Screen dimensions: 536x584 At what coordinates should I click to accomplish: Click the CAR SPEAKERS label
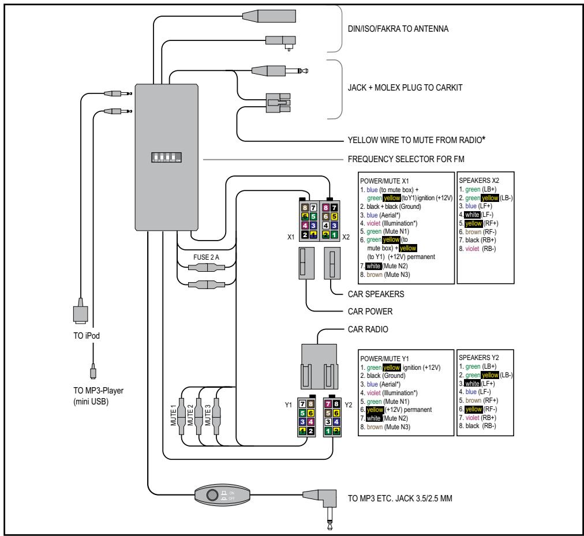click(x=375, y=294)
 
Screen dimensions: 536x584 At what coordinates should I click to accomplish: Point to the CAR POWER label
click(x=370, y=311)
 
